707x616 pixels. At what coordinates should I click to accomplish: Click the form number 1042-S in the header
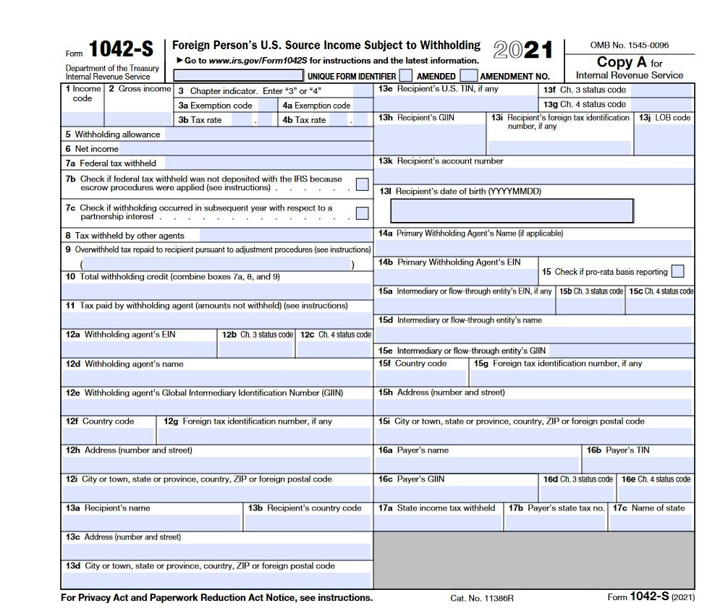[121, 50]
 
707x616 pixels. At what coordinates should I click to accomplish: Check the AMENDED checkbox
[406, 75]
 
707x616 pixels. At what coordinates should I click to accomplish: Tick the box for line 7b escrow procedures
[362, 184]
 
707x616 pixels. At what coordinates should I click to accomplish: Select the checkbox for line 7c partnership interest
[362, 213]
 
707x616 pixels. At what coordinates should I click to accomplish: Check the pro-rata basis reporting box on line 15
[677, 271]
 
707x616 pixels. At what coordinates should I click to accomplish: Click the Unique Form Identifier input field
[238, 75]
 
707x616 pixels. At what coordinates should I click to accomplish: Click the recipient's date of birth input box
[512, 210]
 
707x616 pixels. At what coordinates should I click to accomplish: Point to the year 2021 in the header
[522, 50]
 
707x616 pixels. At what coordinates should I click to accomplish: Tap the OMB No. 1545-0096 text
[630, 45]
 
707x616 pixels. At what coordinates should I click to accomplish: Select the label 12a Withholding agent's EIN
[121, 335]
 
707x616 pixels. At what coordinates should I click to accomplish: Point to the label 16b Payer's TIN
[618, 450]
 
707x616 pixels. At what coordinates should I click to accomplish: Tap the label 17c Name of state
[648, 508]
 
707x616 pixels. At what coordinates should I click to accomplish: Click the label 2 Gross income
[140, 89]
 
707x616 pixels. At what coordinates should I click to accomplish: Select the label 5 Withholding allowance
[113, 134]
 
